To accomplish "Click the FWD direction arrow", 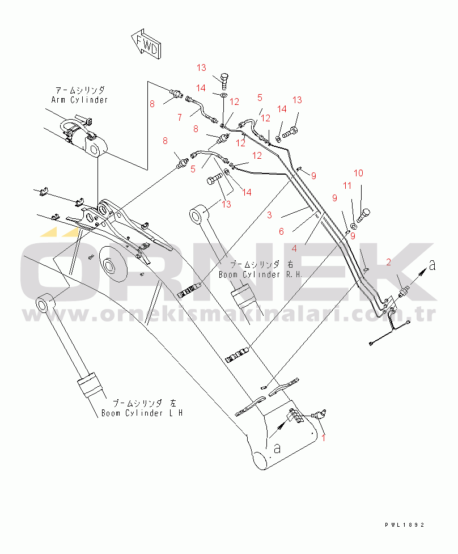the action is [146, 45].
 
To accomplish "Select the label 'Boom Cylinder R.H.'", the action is [253, 274].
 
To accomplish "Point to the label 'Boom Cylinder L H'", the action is [142, 413].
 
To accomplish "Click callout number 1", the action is [324, 437].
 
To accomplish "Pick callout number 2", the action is [388, 262].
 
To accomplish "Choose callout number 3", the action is [270, 215].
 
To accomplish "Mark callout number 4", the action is [294, 248].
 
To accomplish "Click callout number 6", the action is [281, 231].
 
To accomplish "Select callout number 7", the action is [179, 117].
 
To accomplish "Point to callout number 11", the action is [347, 185].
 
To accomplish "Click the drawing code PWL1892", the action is [402, 526].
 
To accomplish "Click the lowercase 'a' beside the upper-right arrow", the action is [432, 266].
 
